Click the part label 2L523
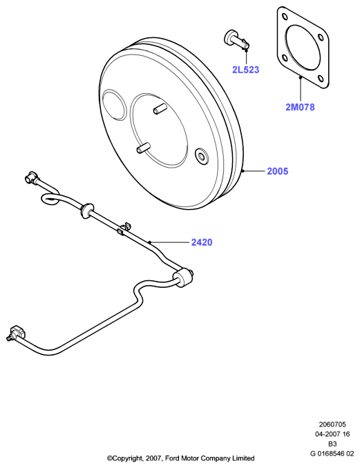pyautogui.click(x=245, y=70)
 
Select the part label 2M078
pyautogui.click(x=300, y=107)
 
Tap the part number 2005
pyautogui.click(x=278, y=171)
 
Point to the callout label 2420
pyautogui.click(x=202, y=242)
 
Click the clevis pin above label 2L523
pyautogui.click(x=236, y=41)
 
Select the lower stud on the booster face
pyautogui.click(x=144, y=148)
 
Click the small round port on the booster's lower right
pyautogui.click(x=201, y=156)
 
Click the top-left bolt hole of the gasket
pyautogui.click(x=284, y=17)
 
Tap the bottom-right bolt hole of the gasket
pyautogui.click(x=321, y=79)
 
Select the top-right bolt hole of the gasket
pyautogui.click(x=321, y=37)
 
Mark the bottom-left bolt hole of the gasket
pyautogui.click(x=284, y=58)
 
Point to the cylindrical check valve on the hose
pyautogui.click(x=182, y=278)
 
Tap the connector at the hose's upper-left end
pyautogui.click(x=31, y=177)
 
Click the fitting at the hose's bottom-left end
pyautogui.click(x=17, y=333)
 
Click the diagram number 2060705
pyautogui.click(x=332, y=424)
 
